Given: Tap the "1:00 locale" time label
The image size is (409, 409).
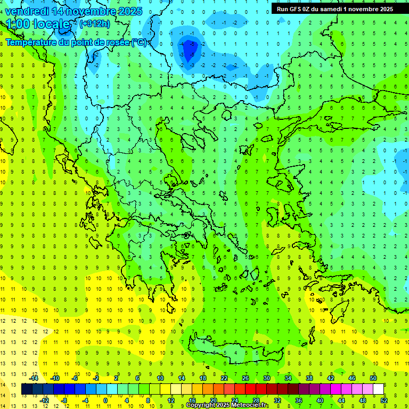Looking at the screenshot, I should point(38,24).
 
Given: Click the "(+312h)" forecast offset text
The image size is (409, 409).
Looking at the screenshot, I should point(95,23).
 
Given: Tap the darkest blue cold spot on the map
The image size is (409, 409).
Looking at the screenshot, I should point(190,50).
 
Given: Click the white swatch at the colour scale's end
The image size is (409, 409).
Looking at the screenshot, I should point(379,389).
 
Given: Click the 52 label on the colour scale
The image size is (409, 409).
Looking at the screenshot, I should point(384,400).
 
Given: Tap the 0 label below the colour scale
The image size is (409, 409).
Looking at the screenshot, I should point(105,400).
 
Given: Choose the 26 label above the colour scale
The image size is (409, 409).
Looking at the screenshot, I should point(246,378).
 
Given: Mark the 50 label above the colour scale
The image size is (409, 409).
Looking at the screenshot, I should point(373,378).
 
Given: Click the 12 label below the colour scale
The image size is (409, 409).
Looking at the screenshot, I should point(171,400).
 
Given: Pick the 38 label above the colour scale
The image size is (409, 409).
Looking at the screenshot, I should point(309,378).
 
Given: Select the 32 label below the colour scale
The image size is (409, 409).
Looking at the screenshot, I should point(277,400).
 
